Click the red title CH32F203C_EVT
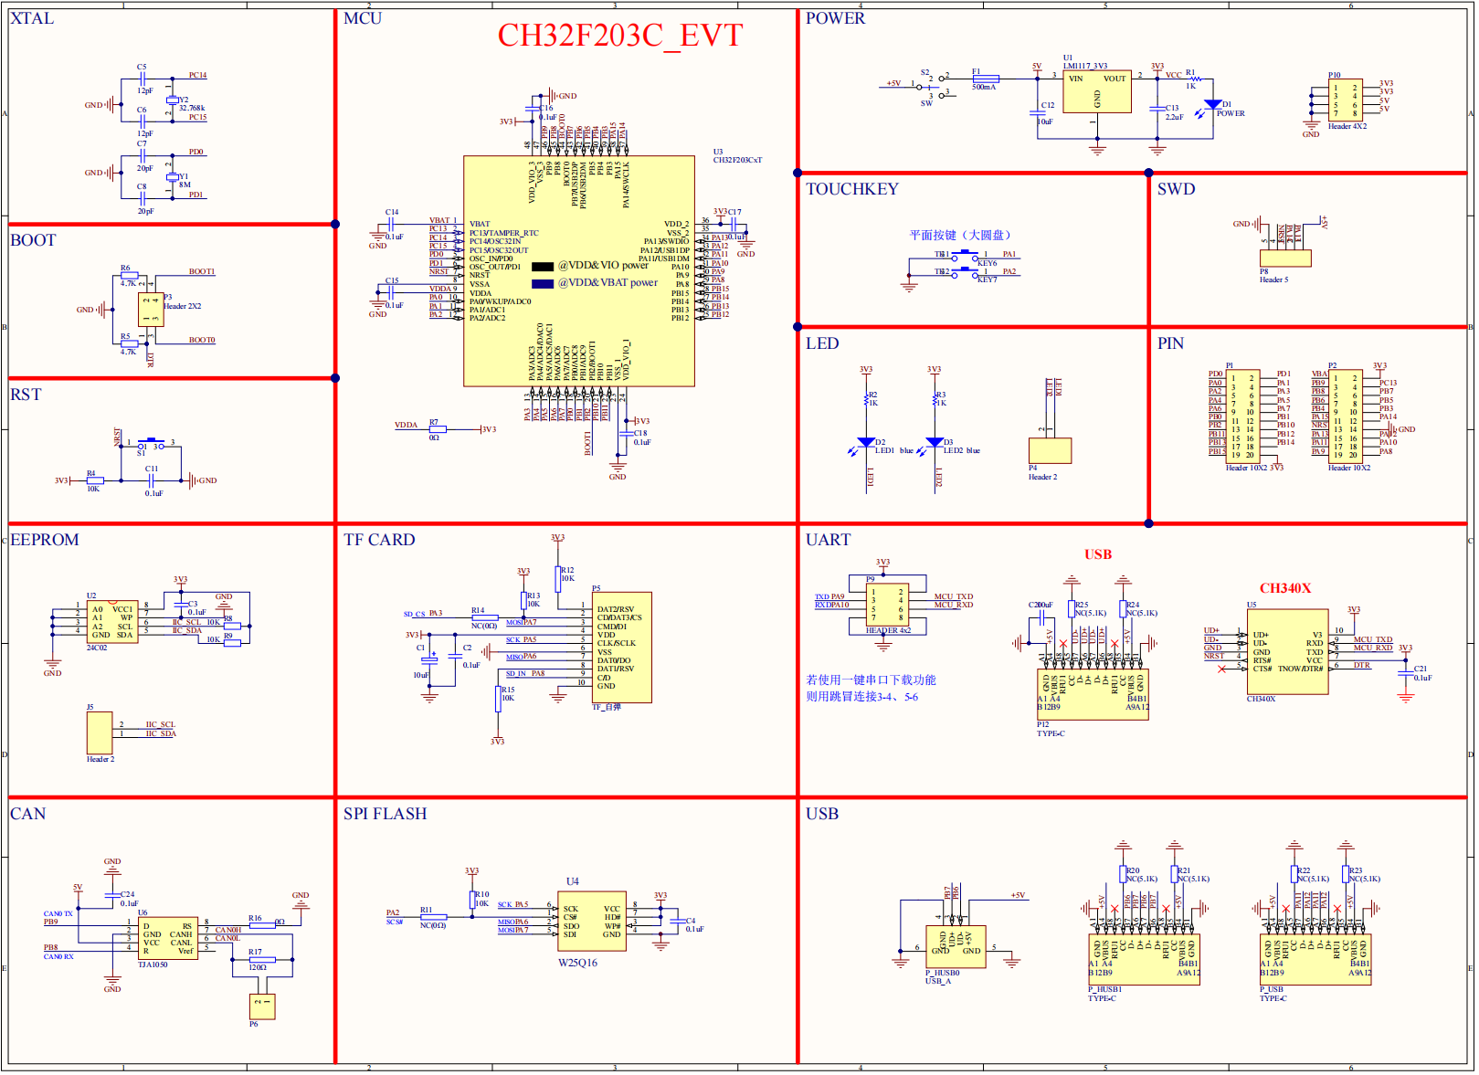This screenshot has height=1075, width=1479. [x=619, y=36]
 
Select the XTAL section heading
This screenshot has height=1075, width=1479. [x=32, y=18]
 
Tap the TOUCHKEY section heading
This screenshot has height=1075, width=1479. [x=851, y=189]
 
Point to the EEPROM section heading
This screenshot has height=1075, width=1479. [x=45, y=540]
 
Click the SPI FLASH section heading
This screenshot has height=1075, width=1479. [x=385, y=814]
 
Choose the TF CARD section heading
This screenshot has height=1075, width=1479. [x=379, y=540]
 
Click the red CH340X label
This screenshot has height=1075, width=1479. [x=1284, y=588]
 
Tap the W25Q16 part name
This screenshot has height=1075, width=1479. [x=577, y=963]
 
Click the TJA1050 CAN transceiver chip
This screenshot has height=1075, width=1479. [x=168, y=939]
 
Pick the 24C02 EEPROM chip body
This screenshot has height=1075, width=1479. [x=112, y=622]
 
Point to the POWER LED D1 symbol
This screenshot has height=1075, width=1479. [x=1212, y=105]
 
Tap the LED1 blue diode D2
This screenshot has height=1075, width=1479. [x=866, y=443]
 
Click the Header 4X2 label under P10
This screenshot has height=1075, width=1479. [x=1347, y=126]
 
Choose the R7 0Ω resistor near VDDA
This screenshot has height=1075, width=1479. [x=437, y=428]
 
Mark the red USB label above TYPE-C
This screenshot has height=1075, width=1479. [x=1097, y=554]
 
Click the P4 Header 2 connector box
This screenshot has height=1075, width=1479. [x=1050, y=450]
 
